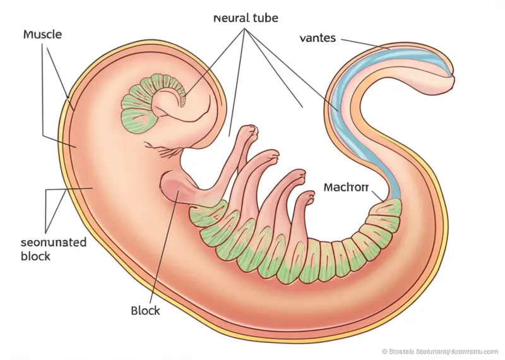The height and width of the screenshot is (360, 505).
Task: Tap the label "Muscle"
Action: pos(42,34)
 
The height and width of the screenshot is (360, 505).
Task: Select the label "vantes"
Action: pos(318,39)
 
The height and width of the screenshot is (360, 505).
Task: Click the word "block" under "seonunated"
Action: pos(35,257)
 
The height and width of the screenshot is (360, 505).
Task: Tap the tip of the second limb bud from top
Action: pos(271,155)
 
